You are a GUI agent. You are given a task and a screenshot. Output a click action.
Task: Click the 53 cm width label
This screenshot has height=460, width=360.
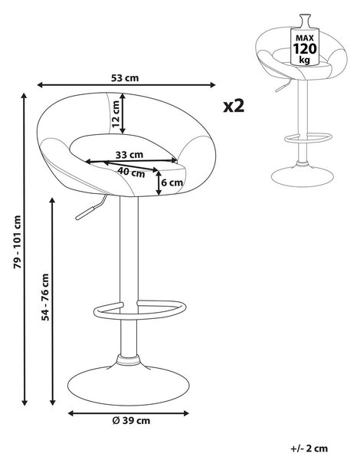[x=125, y=78]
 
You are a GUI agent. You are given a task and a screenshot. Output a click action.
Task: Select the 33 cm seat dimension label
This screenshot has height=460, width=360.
[x=129, y=155]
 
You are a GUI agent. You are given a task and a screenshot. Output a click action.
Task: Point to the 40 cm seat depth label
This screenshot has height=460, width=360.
[x=131, y=172]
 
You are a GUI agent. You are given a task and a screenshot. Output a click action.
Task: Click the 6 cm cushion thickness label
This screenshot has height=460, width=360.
[x=172, y=182]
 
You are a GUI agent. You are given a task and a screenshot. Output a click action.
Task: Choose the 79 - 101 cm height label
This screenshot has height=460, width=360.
[x=18, y=242]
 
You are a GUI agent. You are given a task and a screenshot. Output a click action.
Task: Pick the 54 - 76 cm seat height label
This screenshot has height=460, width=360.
[x=45, y=297]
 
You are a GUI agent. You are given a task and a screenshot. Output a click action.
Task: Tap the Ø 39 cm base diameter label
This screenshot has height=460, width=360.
[x=131, y=421]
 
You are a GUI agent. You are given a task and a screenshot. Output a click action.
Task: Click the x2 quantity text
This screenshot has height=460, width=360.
[x=234, y=106]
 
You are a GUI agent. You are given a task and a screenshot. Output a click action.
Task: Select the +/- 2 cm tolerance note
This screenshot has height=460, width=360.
[x=309, y=449]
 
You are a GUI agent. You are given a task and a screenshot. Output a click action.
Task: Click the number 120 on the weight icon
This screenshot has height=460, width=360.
[x=305, y=49]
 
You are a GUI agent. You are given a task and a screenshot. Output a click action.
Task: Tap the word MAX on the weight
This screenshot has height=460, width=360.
[x=305, y=38]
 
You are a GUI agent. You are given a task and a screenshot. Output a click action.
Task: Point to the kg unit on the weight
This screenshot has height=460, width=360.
[x=304, y=60]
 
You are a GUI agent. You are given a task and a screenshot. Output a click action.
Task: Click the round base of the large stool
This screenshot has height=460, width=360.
[x=129, y=385]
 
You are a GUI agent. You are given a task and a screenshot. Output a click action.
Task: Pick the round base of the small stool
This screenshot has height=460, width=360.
[x=303, y=176]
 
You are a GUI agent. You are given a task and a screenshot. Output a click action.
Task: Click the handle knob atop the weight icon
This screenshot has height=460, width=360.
[x=304, y=21]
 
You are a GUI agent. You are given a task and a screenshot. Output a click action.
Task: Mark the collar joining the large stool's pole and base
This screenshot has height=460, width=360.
[x=128, y=360]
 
